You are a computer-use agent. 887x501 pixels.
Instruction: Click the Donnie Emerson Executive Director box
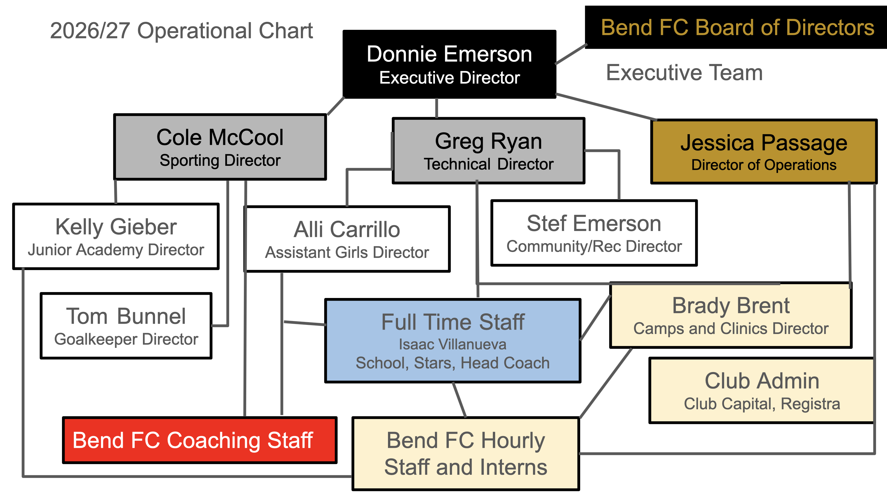click(x=449, y=64)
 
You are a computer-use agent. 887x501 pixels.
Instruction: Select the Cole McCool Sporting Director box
click(x=220, y=147)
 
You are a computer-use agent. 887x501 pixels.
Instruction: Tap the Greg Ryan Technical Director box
click(x=488, y=151)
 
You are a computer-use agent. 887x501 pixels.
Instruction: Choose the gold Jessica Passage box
click(x=764, y=151)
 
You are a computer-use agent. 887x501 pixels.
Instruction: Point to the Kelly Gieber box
click(x=116, y=236)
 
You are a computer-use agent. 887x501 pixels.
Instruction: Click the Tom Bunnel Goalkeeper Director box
click(x=126, y=326)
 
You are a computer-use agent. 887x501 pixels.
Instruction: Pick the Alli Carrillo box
click(x=347, y=239)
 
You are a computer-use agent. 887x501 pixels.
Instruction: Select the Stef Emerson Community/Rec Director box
click(x=594, y=233)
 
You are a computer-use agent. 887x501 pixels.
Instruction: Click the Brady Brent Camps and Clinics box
click(x=731, y=315)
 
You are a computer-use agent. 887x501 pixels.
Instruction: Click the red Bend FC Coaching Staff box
click(x=200, y=440)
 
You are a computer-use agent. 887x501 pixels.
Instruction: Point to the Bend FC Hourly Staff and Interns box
click(x=466, y=453)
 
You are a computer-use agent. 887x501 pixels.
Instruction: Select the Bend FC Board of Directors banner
click(x=736, y=27)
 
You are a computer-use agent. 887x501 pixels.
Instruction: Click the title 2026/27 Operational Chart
click(x=182, y=30)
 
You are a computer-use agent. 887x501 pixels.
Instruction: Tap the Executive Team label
click(x=684, y=73)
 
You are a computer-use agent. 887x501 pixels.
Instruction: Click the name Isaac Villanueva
click(x=452, y=344)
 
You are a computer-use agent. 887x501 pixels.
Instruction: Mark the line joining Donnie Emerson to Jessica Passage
click(x=606, y=107)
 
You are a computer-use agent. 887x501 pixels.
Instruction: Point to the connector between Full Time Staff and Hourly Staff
click(x=459, y=400)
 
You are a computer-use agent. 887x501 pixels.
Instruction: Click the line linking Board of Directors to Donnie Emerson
click(x=571, y=54)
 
